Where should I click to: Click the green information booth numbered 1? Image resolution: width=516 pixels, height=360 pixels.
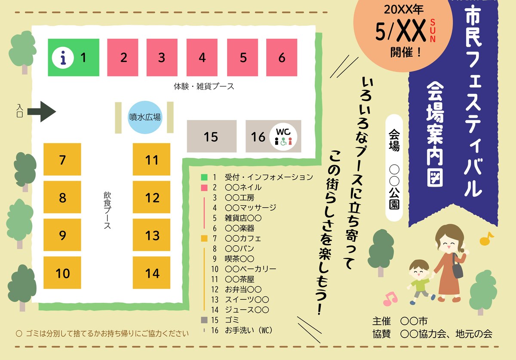click(73, 57)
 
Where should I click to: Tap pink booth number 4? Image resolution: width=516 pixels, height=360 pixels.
click(202, 57)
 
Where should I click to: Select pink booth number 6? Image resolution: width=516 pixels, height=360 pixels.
click(282, 57)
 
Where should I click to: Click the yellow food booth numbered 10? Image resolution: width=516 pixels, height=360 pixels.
click(62, 273)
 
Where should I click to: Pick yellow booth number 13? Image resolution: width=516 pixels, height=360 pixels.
click(152, 235)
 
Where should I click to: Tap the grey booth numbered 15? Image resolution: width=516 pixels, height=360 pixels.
click(211, 136)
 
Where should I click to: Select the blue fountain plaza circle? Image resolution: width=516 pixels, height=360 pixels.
click(145, 117)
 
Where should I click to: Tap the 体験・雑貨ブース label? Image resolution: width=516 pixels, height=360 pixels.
click(204, 86)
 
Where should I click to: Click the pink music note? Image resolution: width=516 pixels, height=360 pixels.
click(390, 298)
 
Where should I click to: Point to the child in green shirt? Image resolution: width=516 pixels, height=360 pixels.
click(418, 282)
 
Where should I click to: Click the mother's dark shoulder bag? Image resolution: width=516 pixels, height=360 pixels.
click(458, 268)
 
